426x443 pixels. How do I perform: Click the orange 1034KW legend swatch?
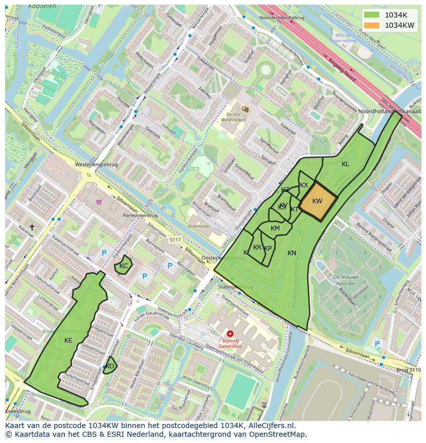coord(372,25)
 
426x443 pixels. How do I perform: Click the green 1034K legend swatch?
coord(372,15)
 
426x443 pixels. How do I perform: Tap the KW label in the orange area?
coord(317,201)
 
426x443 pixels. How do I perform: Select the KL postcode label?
coord(345,164)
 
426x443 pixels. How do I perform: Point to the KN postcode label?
coord(292,253)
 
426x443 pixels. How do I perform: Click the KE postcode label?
coord(68,341)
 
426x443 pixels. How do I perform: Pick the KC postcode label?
coord(123,266)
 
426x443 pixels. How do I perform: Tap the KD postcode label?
coord(110,366)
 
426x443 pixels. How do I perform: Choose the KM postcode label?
coord(275,228)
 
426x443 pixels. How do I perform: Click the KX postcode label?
coord(304,185)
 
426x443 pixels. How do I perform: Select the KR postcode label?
coord(257,247)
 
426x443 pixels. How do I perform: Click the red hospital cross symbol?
coord(230,334)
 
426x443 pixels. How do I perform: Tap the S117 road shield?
coord(175,240)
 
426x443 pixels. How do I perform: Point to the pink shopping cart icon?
coord(98,202)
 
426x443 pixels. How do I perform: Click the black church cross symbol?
coord(32,227)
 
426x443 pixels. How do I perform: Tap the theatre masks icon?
coord(245,109)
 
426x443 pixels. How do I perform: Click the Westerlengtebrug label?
coord(96,165)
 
